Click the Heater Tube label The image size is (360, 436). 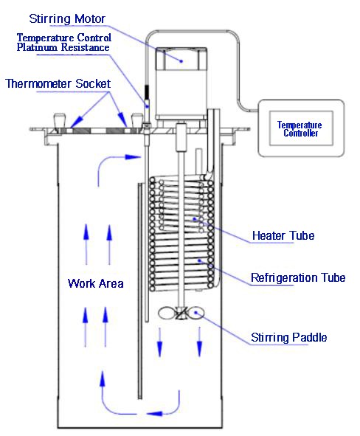tap(283, 236)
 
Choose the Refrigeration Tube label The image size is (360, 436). tap(298, 278)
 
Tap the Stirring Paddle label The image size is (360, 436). tap(288, 338)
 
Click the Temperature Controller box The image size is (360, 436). tap(300, 130)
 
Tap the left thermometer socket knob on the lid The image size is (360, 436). tap(60, 120)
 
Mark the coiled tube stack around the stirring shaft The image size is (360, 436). tap(181, 236)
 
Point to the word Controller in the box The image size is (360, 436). tap(300, 135)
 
